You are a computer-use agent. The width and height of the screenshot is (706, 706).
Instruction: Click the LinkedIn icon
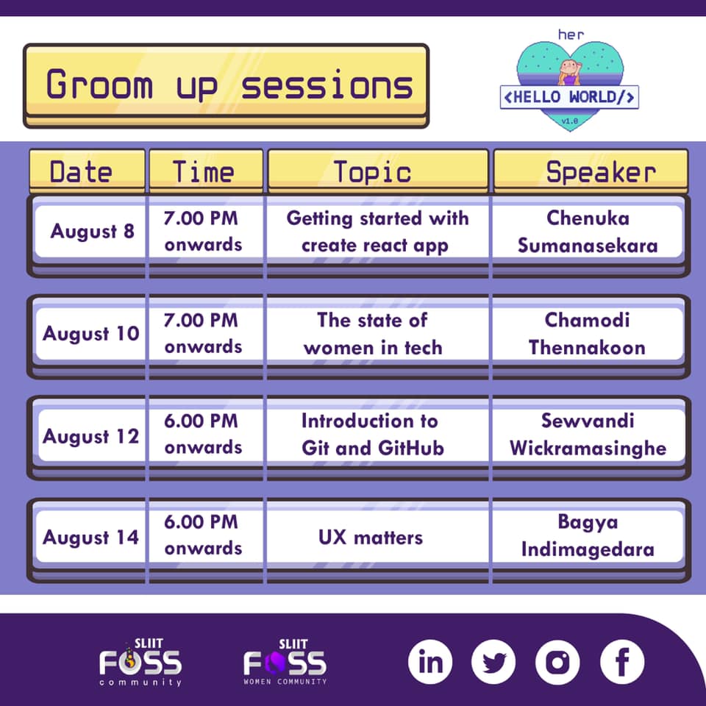[x=430, y=662]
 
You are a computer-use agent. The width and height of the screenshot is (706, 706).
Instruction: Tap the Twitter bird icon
[x=494, y=662]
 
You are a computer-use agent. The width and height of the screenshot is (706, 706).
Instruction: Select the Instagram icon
[x=558, y=662]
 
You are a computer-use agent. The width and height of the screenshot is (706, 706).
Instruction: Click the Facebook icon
[x=622, y=662]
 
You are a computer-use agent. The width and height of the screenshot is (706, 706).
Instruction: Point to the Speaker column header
[x=591, y=171]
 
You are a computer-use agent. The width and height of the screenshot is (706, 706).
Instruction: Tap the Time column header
[x=206, y=171]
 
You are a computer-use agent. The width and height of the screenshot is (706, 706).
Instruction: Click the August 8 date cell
[x=93, y=231]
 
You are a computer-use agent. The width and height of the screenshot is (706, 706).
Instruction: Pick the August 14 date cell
[x=90, y=537]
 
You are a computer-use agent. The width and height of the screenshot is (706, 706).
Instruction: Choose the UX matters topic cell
[x=371, y=537]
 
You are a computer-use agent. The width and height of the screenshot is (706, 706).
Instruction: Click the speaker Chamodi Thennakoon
[x=587, y=334]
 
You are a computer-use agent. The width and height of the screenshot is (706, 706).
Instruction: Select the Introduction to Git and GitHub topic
[x=373, y=435]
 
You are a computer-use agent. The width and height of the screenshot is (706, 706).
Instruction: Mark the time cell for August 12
[x=203, y=434]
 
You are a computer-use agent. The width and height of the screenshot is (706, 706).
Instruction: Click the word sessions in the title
[x=327, y=85]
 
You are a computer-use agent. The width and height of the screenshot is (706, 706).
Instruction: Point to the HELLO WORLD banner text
[x=569, y=97]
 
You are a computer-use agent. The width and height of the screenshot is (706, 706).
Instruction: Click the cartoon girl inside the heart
[x=569, y=72]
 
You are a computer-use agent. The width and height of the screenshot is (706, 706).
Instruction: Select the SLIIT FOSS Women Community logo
[x=285, y=662]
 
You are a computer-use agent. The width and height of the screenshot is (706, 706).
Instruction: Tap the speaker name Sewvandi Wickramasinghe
[x=588, y=435]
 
